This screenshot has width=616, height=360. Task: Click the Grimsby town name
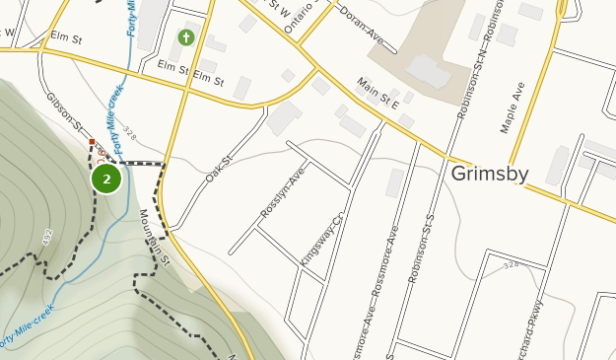click(490, 175)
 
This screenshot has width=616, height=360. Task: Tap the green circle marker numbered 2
click(106, 180)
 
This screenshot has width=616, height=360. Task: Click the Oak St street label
click(218, 174)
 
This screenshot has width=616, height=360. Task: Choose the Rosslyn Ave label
click(283, 194)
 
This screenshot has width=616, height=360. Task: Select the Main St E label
click(378, 97)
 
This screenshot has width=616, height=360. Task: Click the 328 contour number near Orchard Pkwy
click(510, 266)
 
